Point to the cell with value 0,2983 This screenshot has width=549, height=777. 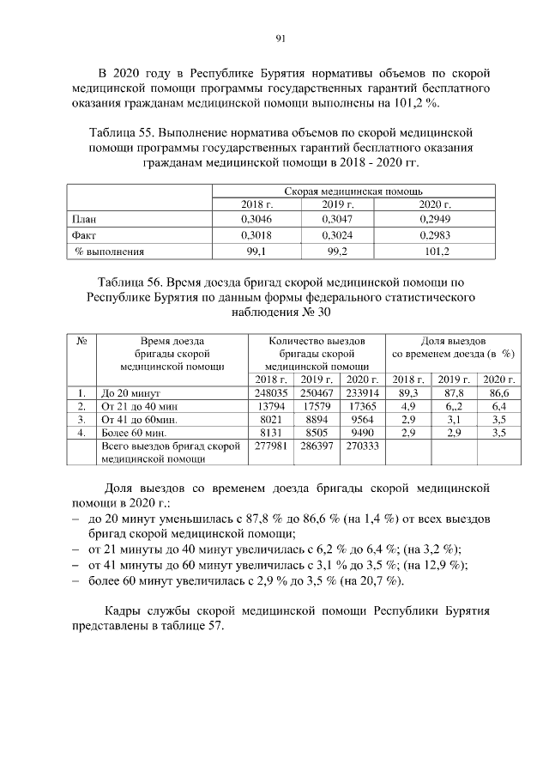coord(435,235)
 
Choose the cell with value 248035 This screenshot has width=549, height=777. coord(269,392)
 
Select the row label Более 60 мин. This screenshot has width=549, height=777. coord(134,434)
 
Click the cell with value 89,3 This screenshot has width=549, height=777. coord(408,392)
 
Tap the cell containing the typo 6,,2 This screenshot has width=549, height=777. coord(455,406)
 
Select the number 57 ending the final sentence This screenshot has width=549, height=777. coord(213,626)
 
